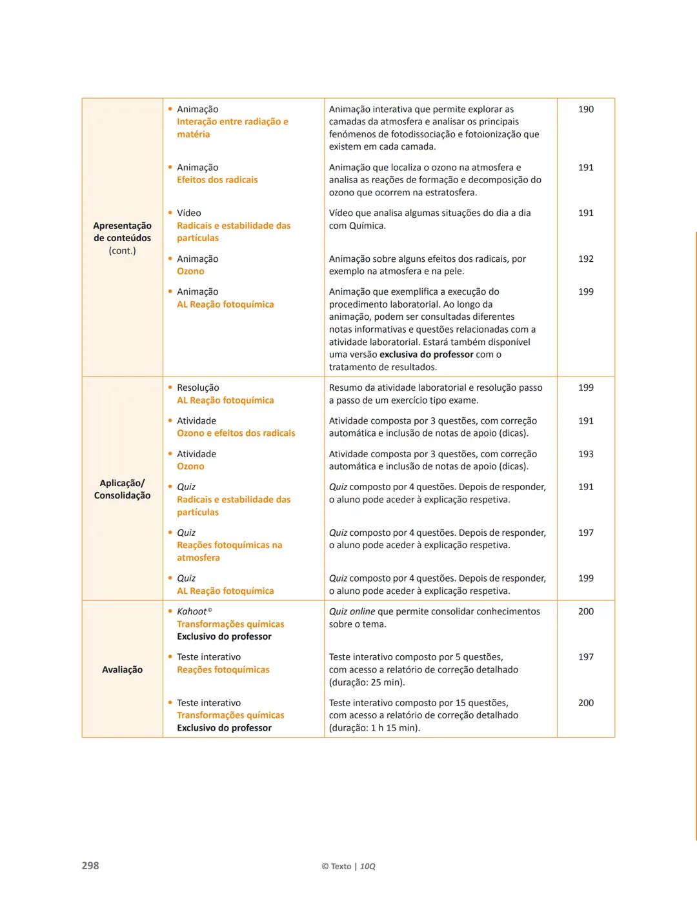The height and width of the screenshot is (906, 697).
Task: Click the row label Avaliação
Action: tap(122, 669)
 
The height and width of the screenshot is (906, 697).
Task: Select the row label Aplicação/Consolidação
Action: tap(122, 489)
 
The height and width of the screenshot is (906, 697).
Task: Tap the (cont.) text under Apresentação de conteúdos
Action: tap(122, 250)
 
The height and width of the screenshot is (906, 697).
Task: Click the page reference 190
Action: tap(585, 109)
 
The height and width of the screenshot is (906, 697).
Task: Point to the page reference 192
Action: tap(585, 259)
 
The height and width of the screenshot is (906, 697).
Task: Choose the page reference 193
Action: tap(585, 454)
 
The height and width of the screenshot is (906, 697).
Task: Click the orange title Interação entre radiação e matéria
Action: tap(232, 128)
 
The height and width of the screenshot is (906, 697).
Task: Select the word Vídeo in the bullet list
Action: tap(189, 213)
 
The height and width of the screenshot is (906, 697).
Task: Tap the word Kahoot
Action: tap(192, 611)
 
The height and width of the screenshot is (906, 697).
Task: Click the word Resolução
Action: tap(198, 388)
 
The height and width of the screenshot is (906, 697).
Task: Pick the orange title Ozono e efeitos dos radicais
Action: tap(236, 433)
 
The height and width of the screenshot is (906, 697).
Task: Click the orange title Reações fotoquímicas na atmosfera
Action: tap(229, 551)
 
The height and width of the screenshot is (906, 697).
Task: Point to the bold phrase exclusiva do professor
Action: tap(426, 355)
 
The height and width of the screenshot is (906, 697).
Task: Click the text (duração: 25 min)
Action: tap(367, 682)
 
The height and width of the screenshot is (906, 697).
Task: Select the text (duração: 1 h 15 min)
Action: tap(374, 728)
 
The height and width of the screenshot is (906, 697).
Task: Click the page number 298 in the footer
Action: tap(90, 865)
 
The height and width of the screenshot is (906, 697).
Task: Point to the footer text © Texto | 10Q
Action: tap(348, 866)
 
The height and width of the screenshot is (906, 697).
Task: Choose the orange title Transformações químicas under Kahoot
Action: tap(230, 624)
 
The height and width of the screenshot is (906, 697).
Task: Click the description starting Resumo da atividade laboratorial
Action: tap(436, 394)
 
